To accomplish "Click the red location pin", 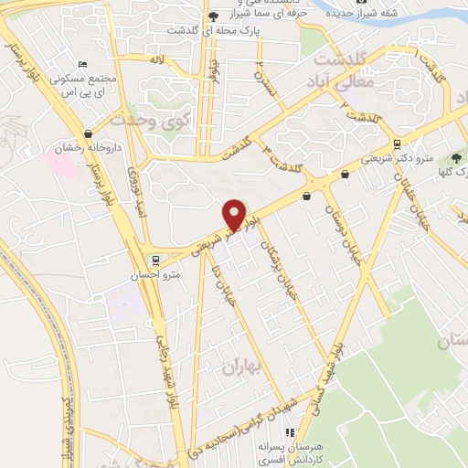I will [x=235, y=214].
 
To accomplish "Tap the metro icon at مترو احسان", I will [x=157, y=259].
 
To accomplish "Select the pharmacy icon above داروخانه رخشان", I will [x=88, y=134].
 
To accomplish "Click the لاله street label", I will [x=156, y=59].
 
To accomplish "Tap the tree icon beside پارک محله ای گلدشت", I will [x=213, y=16].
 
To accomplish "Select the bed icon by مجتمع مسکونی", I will [x=83, y=64].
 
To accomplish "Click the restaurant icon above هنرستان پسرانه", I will [x=289, y=432].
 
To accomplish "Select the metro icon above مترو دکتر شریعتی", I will [x=396, y=144].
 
